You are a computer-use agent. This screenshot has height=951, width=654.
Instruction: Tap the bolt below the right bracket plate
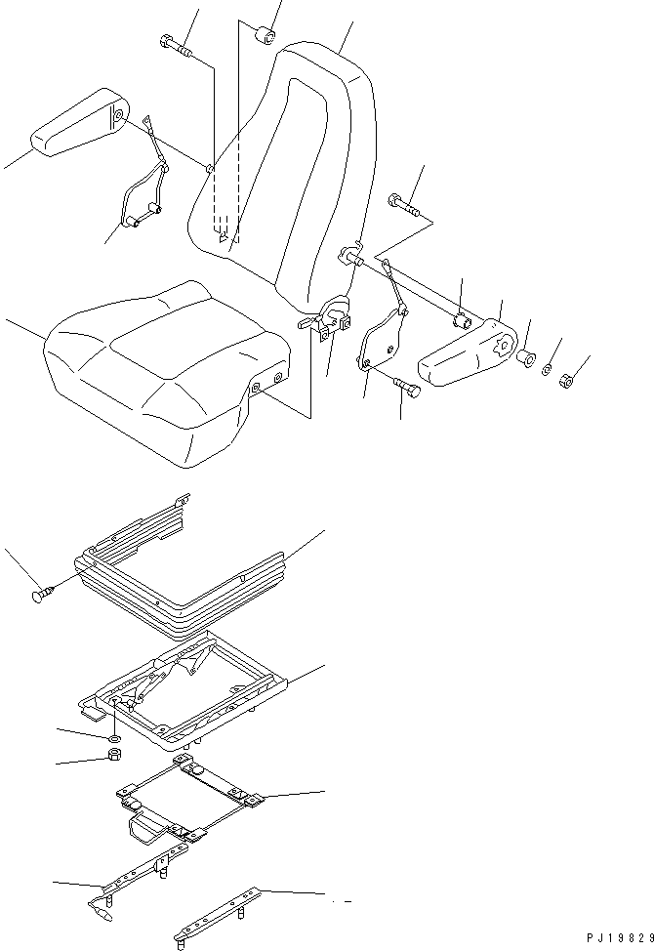(x=408, y=390)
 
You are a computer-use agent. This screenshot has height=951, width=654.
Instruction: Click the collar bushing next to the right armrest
(x=526, y=358)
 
